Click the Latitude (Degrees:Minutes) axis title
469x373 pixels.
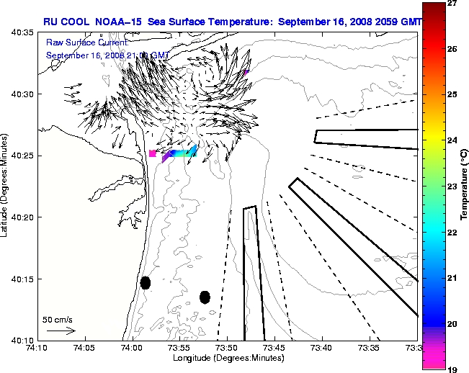coord(6,186)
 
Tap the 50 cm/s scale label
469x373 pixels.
coord(58,320)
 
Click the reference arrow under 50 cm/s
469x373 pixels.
coord(61,331)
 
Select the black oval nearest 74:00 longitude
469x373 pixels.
coord(146,282)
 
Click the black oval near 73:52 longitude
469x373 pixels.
coord(205,297)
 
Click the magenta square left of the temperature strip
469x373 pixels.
coord(152,153)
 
